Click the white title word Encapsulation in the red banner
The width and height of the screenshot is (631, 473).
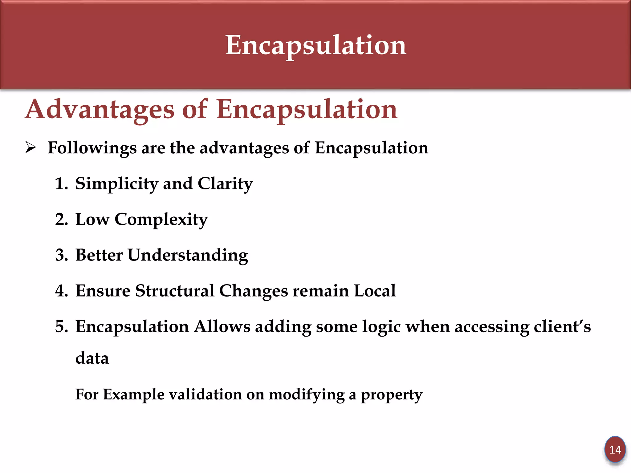[x=316, y=46]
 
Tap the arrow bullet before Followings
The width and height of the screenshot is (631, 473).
[x=31, y=148]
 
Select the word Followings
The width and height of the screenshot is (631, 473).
[x=92, y=148]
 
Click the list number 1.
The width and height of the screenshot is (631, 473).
[x=61, y=184]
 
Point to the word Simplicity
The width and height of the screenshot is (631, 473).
[x=116, y=184]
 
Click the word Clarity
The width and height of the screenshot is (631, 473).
[x=225, y=184]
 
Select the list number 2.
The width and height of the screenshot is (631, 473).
[x=61, y=220]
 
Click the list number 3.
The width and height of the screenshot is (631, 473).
[x=61, y=255]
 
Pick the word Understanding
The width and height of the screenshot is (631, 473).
[x=188, y=256]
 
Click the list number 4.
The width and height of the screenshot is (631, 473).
[x=61, y=291]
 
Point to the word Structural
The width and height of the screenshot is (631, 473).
[x=175, y=291]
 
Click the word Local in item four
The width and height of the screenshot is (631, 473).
[x=375, y=291]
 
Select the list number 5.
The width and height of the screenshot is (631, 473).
[x=61, y=327]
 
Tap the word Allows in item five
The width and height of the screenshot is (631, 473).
[x=222, y=327]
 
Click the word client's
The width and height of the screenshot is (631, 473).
[x=562, y=327]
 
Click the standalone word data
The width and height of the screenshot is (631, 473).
[x=92, y=358]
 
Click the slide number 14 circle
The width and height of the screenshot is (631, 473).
[x=615, y=450]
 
